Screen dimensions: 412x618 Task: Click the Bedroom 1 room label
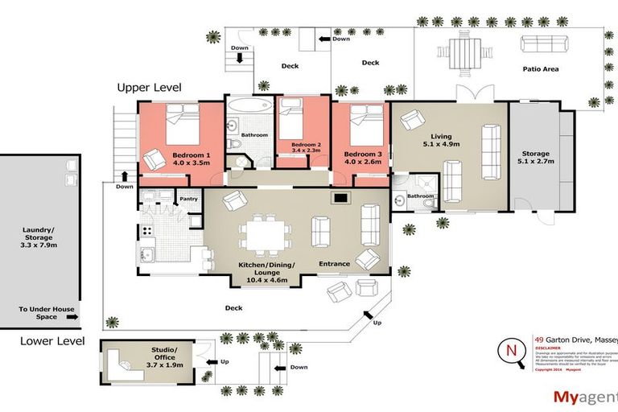[x=191, y=154]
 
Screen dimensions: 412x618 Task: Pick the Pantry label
[x=189, y=198]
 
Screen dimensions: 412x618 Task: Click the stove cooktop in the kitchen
[x=148, y=230]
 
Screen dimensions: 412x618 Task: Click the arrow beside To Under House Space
[x=72, y=318]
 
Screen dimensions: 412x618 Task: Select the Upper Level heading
[x=149, y=87]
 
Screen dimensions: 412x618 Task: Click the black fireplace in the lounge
[x=341, y=196]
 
